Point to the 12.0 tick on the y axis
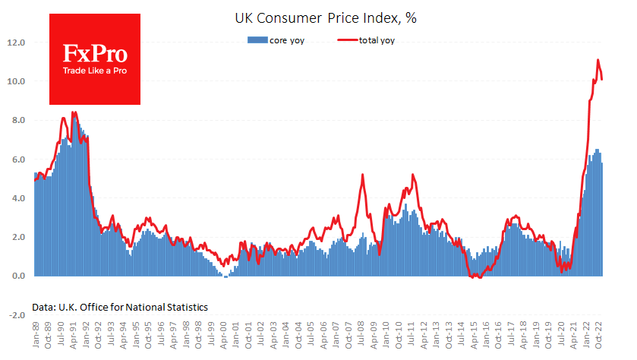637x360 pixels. [x=17, y=43]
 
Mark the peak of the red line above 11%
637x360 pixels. [x=598, y=60]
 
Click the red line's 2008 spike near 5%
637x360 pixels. [x=362, y=175]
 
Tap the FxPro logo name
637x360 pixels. [x=95, y=55]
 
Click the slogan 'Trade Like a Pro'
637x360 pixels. [x=95, y=72]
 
